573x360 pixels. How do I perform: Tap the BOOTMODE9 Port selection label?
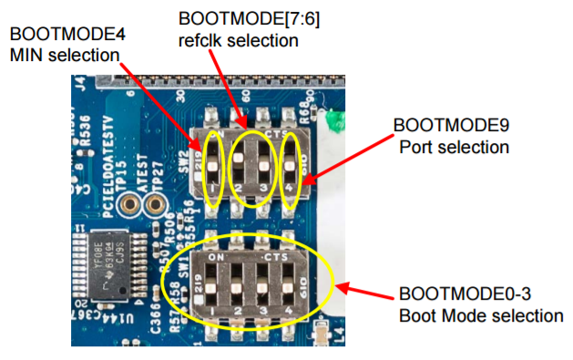[450, 134]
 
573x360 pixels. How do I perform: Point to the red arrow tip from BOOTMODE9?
[304, 183]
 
